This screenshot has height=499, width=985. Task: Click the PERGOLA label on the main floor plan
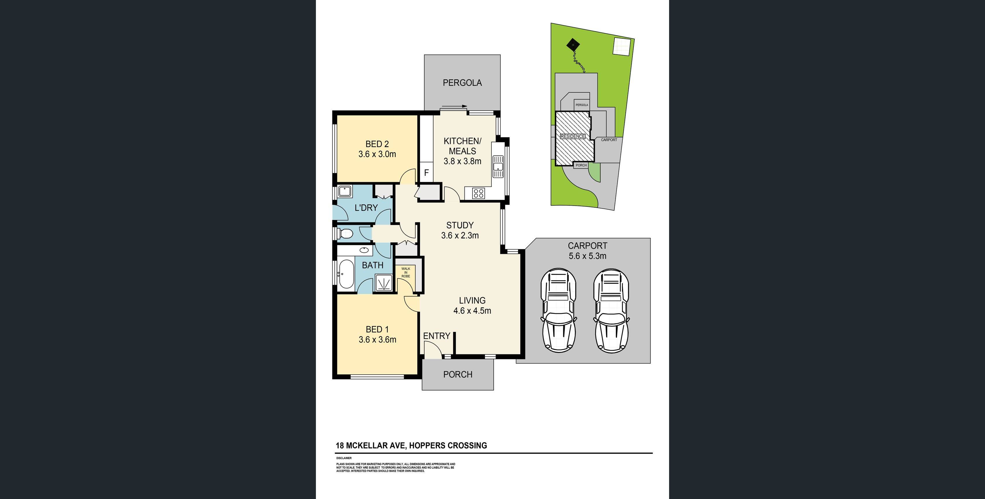(x=462, y=83)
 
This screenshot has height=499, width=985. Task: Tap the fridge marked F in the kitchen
(x=426, y=173)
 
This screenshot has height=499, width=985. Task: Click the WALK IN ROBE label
(x=406, y=272)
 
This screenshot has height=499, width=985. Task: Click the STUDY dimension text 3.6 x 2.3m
(x=460, y=236)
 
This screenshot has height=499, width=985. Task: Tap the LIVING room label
(x=472, y=301)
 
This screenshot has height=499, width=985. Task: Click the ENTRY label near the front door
(x=436, y=336)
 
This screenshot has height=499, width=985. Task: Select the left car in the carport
(x=558, y=310)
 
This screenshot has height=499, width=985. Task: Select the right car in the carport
(x=611, y=310)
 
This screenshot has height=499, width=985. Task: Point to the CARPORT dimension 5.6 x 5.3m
(x=587, y=256)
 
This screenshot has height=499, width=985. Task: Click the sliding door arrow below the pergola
(x=454, y=107)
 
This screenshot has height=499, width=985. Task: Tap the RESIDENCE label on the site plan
(x=573, y=136)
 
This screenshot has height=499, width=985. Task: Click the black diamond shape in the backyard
(x=573, y=45)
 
